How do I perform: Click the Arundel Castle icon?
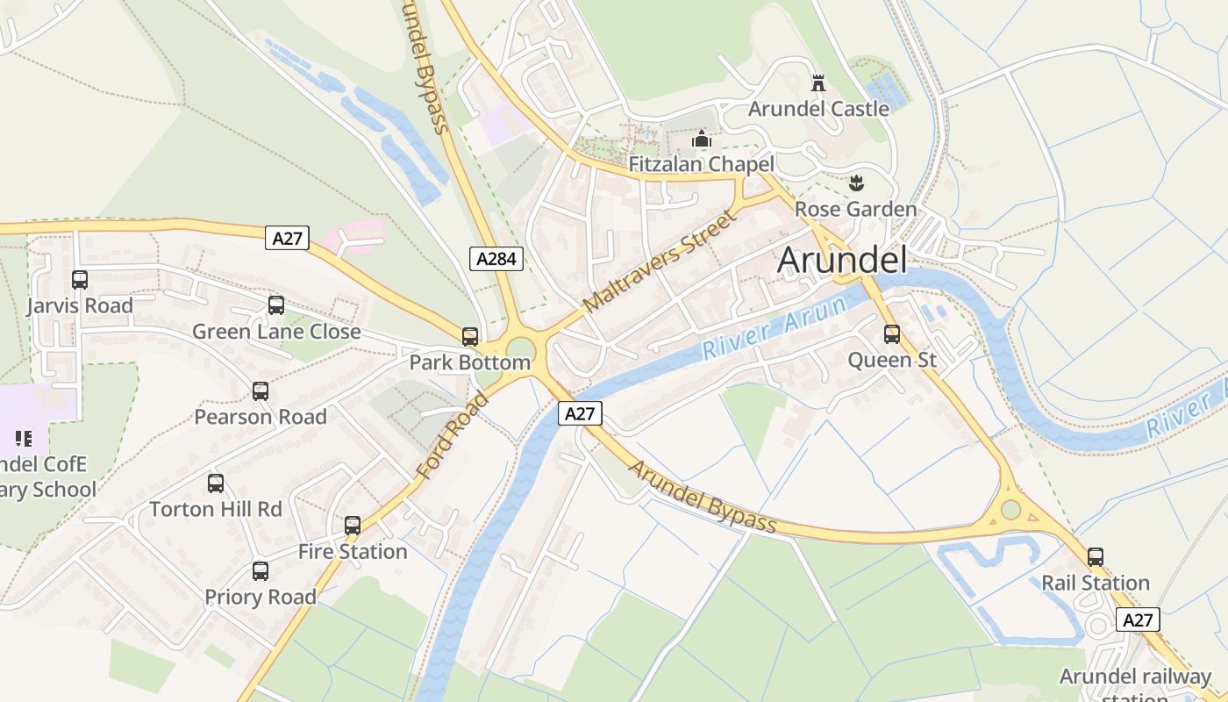(818, 83)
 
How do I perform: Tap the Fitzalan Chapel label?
(701, 164)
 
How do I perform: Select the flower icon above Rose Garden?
(855, 183)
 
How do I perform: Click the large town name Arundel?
(841, 260)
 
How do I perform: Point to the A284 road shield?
(496, 258)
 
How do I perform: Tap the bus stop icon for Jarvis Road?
(80, 280)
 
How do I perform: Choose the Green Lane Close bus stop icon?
(276, 305)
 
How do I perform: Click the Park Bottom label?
(469, 362)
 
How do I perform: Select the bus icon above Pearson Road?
(261, 391)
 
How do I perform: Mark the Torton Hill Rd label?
(216, 509)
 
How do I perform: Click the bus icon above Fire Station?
(353, 526)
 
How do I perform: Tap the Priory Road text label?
(261, 597)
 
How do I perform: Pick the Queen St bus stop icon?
(892, 334)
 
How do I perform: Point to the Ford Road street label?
(452, 436)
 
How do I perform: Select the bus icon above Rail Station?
(1096, 557)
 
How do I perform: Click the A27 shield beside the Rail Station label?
(1139, 620)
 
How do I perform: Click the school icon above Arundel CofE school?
(23, 438)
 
